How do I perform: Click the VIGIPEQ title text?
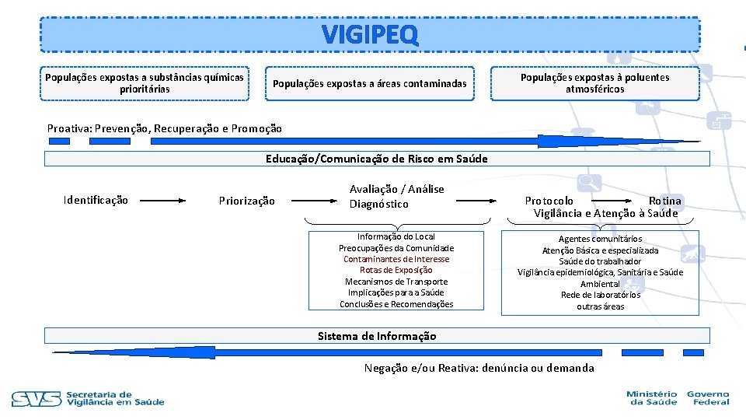click(x=370, y=34)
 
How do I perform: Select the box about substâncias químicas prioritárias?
click(x=145, y=83)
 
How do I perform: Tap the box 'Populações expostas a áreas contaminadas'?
click(x=369, y=83)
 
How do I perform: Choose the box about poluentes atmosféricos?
click(x=594, y=83)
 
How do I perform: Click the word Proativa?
click(x=67, y=128)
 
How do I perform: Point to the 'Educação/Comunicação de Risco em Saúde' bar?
click(x=377, y=159)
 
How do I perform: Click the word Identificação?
click(x=96, y=201)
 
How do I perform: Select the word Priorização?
click(x=247, y=201)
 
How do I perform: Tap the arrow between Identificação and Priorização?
click(x=163, y=200)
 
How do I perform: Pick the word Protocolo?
click(x=549, y=201)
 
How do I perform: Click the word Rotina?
click(x=664, y=201)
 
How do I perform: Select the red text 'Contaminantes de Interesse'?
click(x=396, y=259)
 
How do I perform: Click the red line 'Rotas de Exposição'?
click(x=396, y=270)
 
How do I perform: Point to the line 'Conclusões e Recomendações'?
click(x=396, y=304)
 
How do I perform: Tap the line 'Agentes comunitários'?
click(x=600, y=239)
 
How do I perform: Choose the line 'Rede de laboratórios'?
click(x=600, y=295)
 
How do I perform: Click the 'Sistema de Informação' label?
click(x=377, y=336)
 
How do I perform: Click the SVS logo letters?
click(x=36, y=399)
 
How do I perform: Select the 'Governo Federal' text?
click(x=707, y=398)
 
